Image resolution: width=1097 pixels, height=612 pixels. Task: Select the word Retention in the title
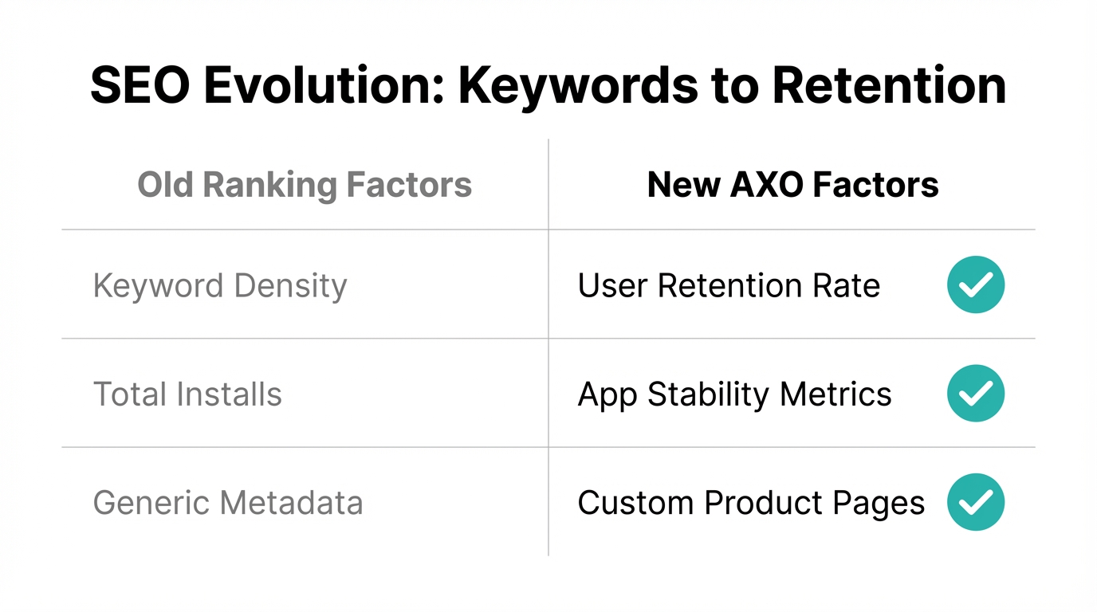coord(889,85)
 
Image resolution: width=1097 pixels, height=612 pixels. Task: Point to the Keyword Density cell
coord(220,286)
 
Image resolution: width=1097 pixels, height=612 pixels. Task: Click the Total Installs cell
coord(187,394)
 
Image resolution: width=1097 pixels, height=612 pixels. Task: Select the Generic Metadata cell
coord(228,503)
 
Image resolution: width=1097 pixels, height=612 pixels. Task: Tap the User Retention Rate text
coord(729,286)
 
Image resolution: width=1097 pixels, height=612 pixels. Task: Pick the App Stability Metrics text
coord(734,394)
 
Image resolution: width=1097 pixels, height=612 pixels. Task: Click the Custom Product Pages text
coord(751,503)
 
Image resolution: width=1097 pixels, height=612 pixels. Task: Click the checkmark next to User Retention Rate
coord(976,284)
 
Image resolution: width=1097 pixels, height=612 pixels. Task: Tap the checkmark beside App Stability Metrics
coord(976,394)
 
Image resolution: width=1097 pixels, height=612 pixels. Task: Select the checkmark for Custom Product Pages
coord(976,502)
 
